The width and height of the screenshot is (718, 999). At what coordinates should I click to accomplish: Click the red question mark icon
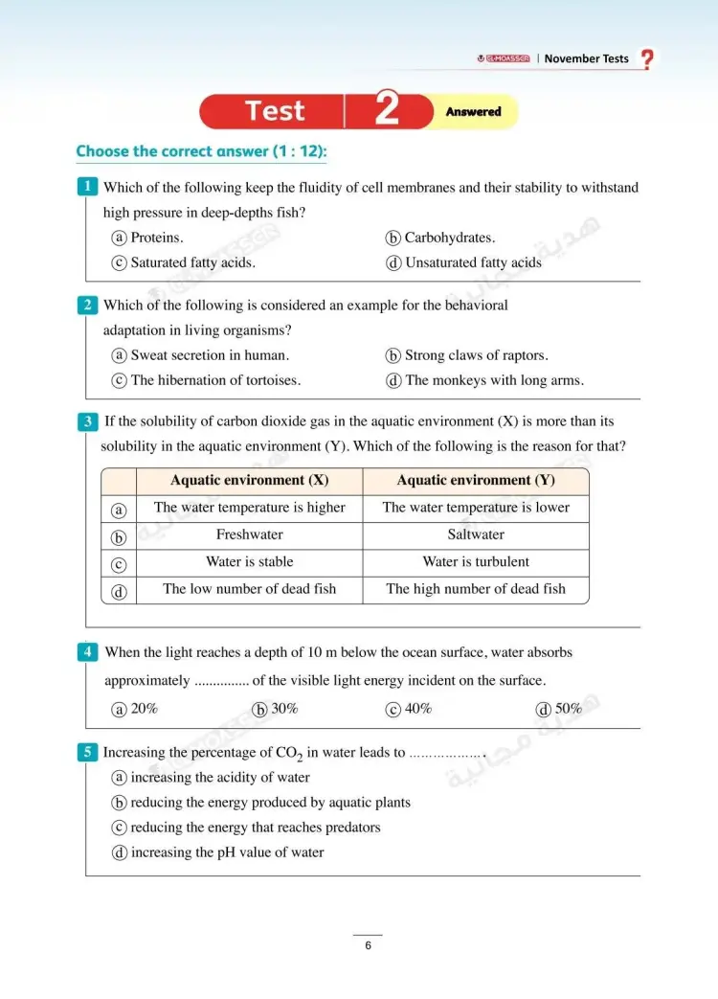point(648,59)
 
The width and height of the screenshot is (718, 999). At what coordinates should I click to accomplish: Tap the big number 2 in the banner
point(386,111)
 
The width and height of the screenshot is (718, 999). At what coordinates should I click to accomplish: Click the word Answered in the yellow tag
point(473,112)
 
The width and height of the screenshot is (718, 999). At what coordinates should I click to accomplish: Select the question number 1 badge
point(87,187)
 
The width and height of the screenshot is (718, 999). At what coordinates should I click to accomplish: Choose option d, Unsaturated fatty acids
point(472,262)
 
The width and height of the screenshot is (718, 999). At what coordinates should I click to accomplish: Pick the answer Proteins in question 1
point(156,238)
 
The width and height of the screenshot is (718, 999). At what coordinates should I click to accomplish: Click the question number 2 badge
point(87,306)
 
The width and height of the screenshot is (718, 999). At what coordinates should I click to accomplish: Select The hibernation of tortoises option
point(215,380)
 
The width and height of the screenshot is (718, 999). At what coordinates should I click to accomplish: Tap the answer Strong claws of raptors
point(476,355)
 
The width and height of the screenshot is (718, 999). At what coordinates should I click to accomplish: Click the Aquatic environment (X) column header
point(249,481)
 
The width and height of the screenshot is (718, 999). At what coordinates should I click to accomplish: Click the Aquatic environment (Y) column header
point(476,481)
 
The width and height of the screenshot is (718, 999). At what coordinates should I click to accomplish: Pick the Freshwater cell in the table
point(249,534)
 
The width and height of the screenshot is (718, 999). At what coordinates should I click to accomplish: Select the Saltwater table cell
point(476,534)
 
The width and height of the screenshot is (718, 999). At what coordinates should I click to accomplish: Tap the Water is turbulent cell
point(476,562)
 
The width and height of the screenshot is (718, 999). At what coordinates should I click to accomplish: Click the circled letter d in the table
point(119,591)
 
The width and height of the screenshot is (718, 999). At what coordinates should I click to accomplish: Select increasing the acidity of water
point(219,778)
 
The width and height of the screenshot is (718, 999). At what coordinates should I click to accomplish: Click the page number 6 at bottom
point(368,946)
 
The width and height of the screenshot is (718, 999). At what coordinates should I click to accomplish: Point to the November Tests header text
point(586,58)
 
